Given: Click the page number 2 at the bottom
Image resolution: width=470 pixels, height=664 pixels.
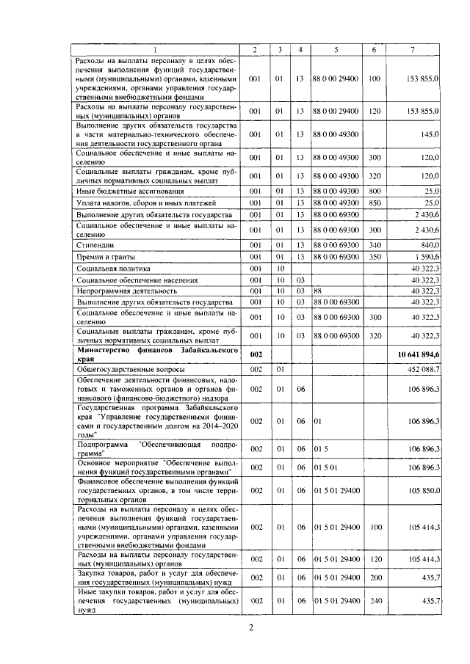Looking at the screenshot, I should coord(250,627).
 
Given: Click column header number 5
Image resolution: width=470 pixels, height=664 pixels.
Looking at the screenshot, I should coord(336,49).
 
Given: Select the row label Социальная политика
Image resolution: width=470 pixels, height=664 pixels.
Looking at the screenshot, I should coord(107,269).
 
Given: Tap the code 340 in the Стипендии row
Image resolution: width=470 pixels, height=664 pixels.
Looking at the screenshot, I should coord(375,245).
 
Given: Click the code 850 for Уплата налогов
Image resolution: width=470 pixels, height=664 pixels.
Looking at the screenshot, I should coord(375,203).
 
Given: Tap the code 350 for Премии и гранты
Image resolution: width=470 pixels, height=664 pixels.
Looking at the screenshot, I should coord(375,258).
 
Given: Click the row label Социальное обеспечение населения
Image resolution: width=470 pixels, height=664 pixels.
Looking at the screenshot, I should coord(126,280).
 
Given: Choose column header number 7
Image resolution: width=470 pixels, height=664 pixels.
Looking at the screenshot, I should coord(413,49).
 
